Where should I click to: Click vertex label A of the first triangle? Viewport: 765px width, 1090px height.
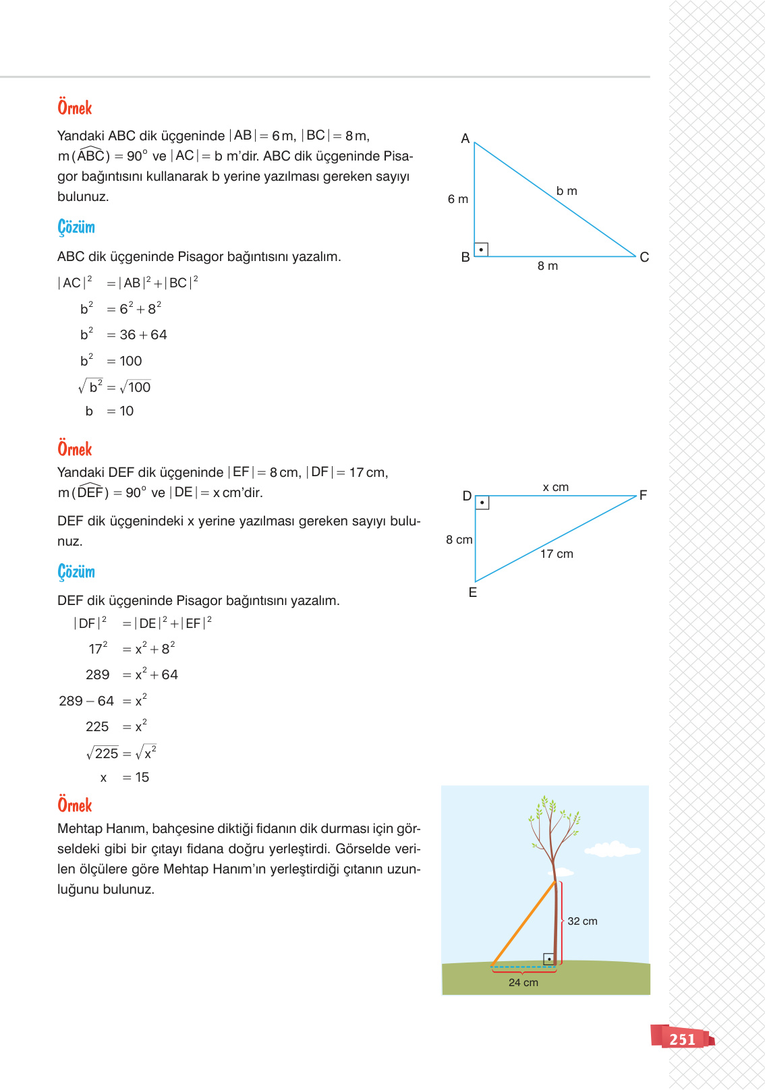465,139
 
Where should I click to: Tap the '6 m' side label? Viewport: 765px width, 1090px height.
457,199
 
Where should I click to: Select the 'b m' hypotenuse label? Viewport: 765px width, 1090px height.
567,191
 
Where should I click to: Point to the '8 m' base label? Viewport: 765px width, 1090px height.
547,266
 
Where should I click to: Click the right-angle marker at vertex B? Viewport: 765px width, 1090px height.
481,250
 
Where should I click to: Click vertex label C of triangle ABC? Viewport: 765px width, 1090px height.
644,257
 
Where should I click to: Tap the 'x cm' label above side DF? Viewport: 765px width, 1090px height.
555,487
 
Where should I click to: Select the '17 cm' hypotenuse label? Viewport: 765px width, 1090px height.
557,554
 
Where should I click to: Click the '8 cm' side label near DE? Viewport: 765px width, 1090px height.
459,540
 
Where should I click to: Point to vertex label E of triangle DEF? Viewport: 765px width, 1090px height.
472,592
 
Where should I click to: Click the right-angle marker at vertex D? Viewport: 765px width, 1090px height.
482,503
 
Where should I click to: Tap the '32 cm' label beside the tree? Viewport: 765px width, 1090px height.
582,921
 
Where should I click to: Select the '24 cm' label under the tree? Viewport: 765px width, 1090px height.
523,983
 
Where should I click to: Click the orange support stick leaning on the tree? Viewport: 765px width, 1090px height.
523,924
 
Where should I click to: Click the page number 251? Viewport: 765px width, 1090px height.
682,1039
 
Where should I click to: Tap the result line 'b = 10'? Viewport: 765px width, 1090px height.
109,411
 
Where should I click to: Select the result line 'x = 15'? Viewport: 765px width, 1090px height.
124,777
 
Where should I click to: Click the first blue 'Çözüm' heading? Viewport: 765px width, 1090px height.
76,227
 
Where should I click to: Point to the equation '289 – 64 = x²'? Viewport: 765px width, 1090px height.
103,701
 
